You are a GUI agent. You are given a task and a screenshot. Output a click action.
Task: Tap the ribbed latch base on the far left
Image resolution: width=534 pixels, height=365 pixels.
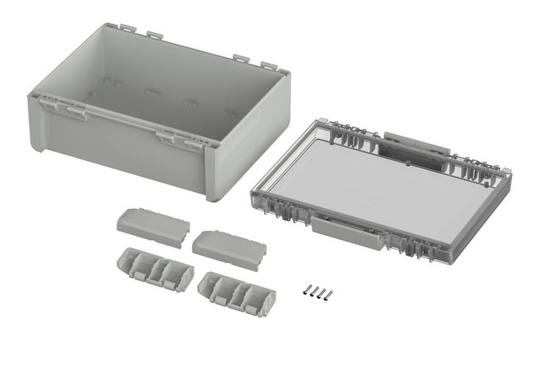pyautogui.click(x=155, y=268)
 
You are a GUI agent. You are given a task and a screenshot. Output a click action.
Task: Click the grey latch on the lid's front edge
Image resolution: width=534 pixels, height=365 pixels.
pyautogui.click(x=346, y=228)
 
